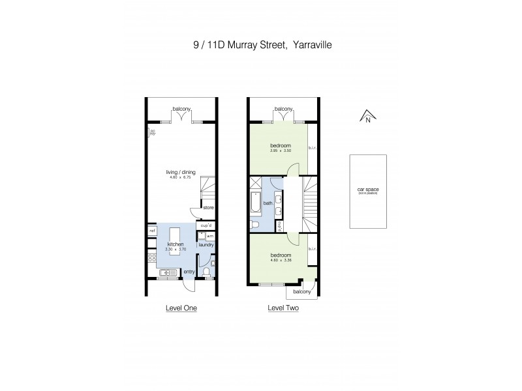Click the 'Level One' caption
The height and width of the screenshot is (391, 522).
coord(182,308)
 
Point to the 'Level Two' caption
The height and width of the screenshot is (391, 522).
coord(283,308)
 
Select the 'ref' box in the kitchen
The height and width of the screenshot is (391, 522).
coord(151,231)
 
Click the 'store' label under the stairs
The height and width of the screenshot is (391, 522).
coord(208,208)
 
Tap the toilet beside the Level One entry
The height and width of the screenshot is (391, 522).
coord(207,272)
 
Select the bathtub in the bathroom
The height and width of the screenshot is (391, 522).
coord(254,203)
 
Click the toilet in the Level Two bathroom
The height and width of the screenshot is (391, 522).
coord(256,225)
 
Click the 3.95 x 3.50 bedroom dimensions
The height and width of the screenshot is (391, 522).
coord(281,151)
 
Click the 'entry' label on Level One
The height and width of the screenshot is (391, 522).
coord(189,271)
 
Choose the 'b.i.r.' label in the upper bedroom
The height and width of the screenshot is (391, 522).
coord(312,148)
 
